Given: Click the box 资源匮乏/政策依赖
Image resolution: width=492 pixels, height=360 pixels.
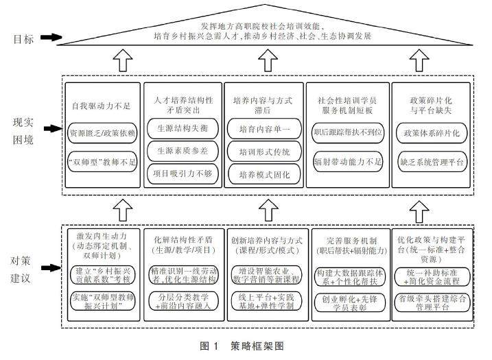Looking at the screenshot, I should (102, 131).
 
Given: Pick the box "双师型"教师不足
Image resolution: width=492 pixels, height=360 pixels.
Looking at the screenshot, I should (102, 163).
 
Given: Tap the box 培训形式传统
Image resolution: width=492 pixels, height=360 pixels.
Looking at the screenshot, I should (265, 152).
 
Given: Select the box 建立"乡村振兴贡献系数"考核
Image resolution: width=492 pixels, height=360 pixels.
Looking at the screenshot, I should (102, 275).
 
